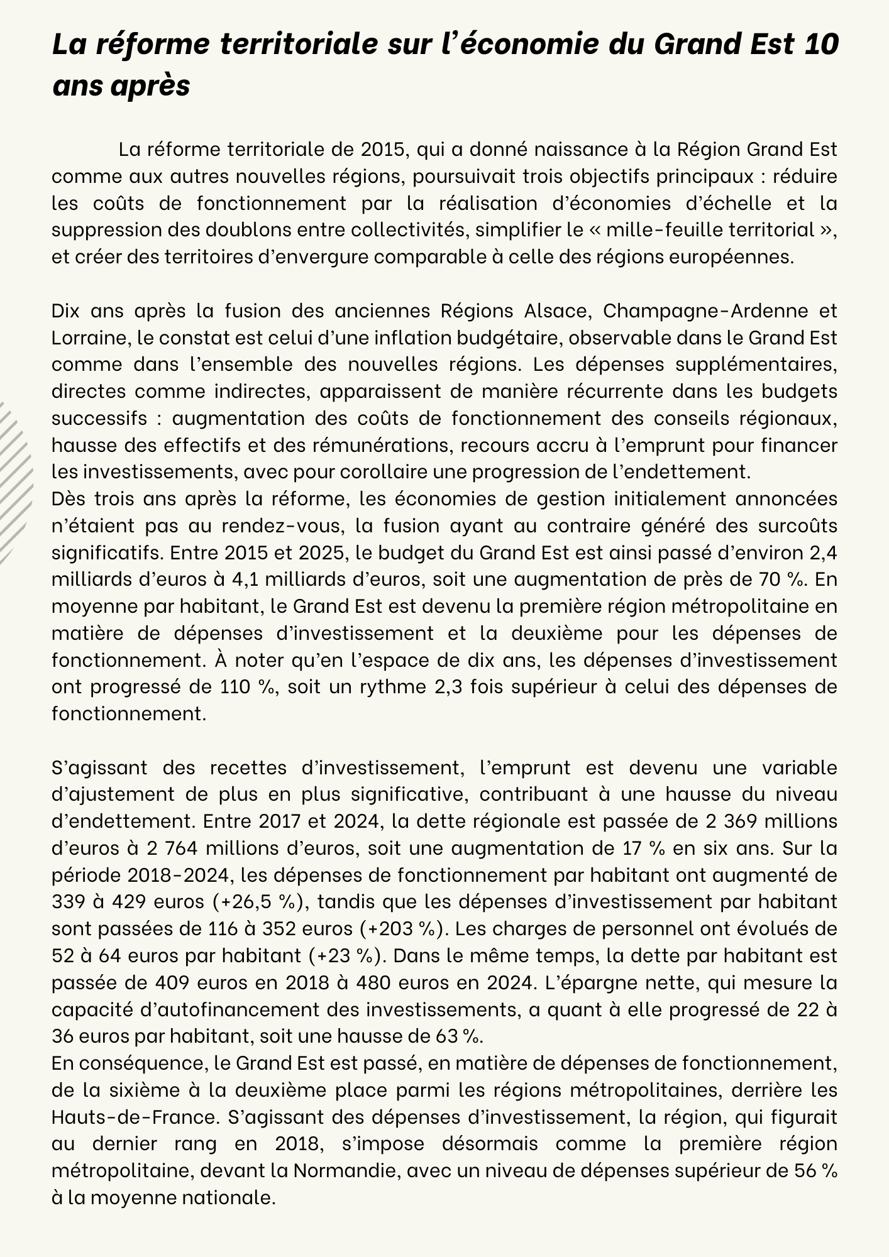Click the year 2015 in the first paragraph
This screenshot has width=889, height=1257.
[x=385, y=150]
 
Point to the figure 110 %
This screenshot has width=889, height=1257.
[x=248, y=687]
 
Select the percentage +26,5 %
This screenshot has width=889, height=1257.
[x=255, y=902]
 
